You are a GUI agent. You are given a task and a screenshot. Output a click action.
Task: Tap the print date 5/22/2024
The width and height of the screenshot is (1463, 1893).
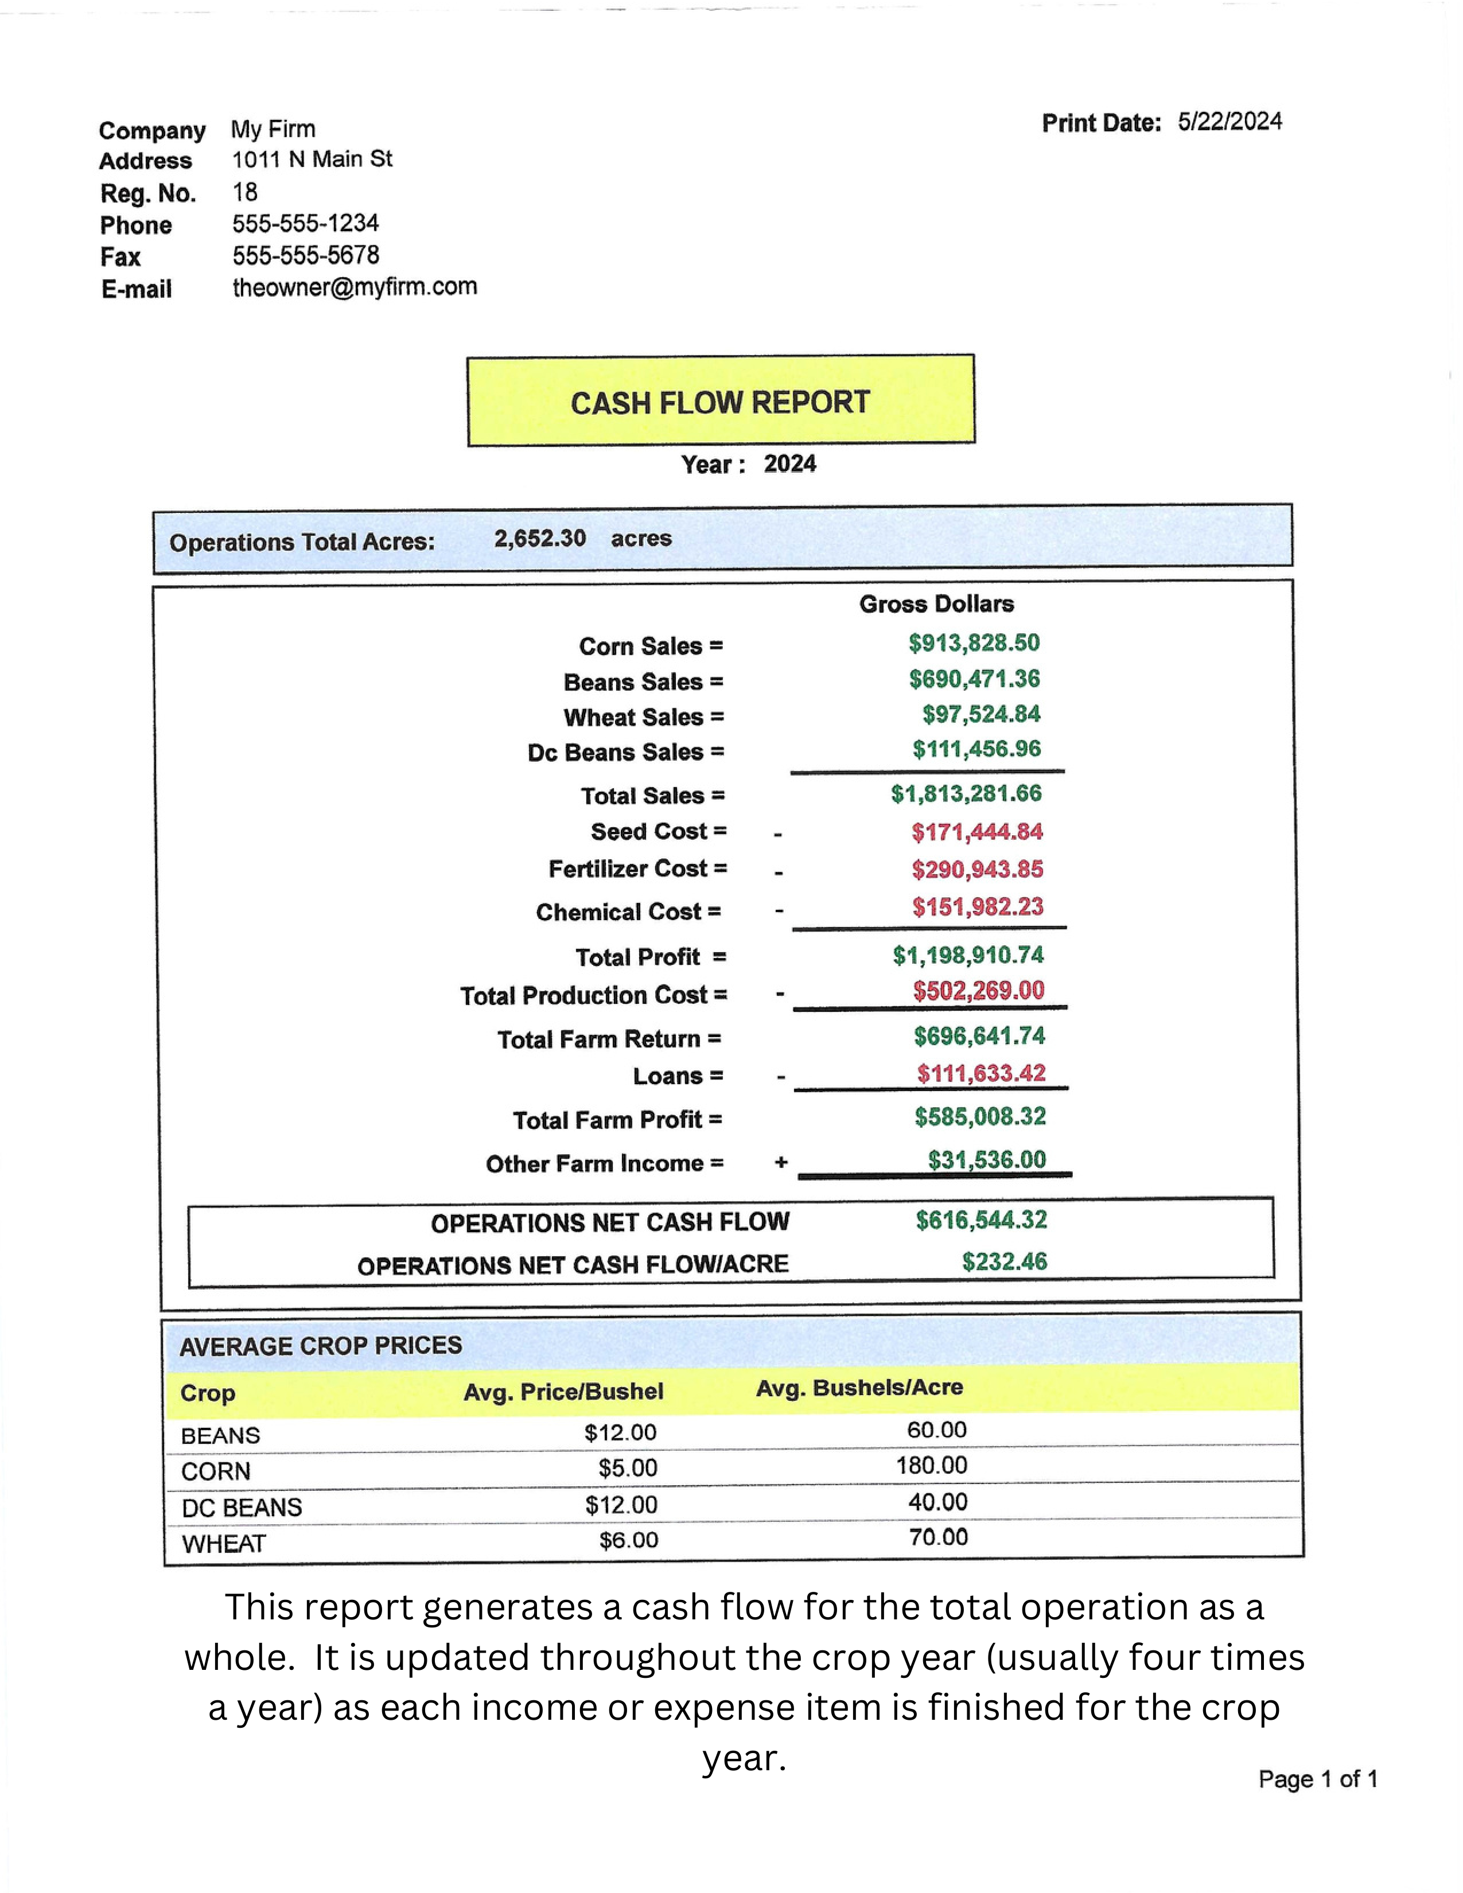click(1229, 122)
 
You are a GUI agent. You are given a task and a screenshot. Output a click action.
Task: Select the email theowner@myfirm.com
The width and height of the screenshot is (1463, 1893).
click(355, 287)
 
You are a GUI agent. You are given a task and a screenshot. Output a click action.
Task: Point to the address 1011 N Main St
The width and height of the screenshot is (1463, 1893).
click(312, 159)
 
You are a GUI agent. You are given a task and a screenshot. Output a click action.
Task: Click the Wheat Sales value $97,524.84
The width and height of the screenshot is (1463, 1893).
click(980, 714)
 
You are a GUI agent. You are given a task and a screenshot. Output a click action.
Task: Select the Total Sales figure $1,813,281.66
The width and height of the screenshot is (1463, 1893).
click(966, 793)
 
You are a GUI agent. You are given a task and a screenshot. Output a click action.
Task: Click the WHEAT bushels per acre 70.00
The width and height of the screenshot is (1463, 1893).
click(938, 1537)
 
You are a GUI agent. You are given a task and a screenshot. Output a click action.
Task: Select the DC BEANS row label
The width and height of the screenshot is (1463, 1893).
click(242, 1508)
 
